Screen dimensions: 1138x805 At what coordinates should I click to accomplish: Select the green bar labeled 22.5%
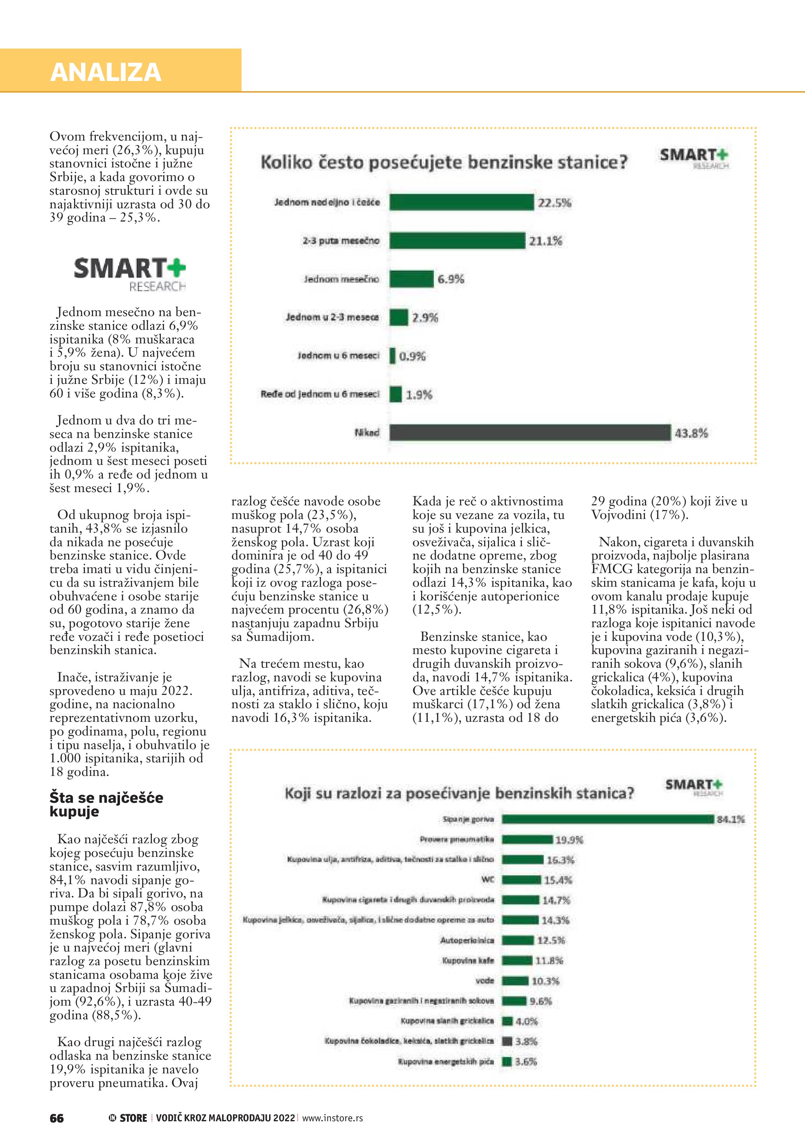tap(462, 202)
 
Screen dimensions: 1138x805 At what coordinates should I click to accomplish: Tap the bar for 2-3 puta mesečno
tap(457, 240)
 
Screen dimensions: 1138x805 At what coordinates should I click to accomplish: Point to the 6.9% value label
tap(451, 279)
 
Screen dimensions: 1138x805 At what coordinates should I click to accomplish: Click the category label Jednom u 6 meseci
tap(338, 355)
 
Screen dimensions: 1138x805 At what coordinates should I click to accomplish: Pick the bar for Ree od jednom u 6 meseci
tap(396, 394)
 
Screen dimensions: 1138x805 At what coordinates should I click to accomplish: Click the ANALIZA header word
tap(106, 72)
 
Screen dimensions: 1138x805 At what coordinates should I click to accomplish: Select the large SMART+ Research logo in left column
tap(130, 274)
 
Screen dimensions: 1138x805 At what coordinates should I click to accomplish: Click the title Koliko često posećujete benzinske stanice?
tap(444, 162)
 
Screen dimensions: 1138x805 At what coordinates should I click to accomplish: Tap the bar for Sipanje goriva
tap(608, 819)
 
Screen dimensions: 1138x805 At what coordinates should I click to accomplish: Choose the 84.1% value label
tap(731, 819)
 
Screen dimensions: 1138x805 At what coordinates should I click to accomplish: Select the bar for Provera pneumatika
tap(527, 839)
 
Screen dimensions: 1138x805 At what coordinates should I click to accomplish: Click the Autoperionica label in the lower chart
tap(467, 940)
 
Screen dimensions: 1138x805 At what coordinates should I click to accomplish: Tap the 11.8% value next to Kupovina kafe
tap(549, 960)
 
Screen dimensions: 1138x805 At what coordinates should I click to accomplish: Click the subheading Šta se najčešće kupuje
tap(106, 804)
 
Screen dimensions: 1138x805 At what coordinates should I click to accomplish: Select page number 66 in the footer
tap(56, 1118)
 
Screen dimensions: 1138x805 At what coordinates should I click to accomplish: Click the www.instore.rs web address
tap(332, 1118)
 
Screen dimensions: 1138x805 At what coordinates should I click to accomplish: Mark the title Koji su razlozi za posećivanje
tap(459, 793)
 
